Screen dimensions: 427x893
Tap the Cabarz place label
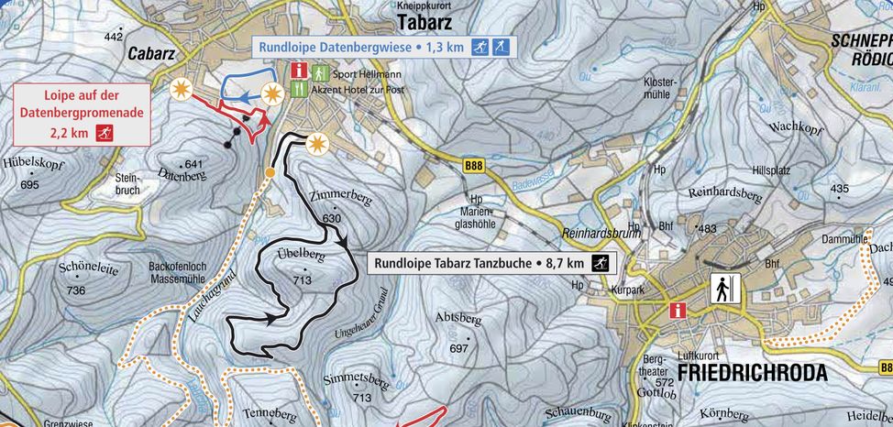[x=151, y=54]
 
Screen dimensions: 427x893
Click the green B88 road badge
[x=473, y=166]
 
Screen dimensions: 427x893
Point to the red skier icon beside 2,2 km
[x=105, y=134]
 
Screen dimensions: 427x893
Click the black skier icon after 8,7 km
[x=601, y=263]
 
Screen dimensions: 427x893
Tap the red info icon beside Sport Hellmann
[x=299, y=71]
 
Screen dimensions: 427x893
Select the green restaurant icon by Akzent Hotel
[x=299, y=90]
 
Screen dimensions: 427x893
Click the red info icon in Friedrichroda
[x=678, y=310]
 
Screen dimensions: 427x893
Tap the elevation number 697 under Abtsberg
[x=458, y=349]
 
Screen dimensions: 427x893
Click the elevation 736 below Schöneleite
[x=75, y=290]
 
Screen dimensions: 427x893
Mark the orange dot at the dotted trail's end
[x=270, y=172]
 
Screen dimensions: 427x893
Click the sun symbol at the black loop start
[x=317, y=144]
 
